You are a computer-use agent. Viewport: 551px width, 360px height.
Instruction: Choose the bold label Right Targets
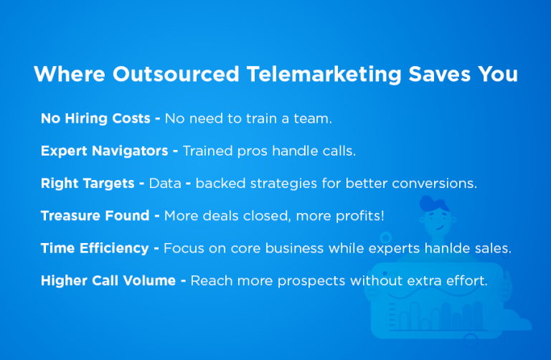[x=88, y=183]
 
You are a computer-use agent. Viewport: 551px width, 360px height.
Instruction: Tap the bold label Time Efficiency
[x=95, y=247]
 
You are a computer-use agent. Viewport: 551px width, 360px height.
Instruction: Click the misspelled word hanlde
[x=456, y=247]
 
